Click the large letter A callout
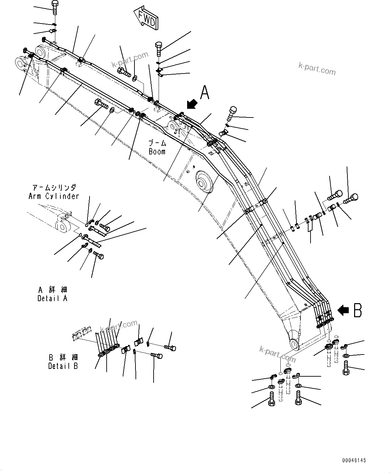click(205, 93)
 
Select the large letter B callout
click(358, 310)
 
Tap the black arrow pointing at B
click(343, 311)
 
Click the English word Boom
click(157, 151)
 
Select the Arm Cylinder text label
click(54, 196)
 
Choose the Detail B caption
click(63, 366)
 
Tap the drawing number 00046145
click(354, 461)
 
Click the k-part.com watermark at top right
click(317, 68)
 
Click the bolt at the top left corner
click(55, 7)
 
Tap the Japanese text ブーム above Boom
click(157, 143)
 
